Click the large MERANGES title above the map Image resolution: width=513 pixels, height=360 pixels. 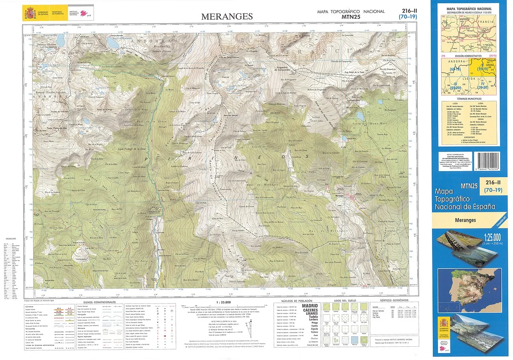pyautogui.click(x=227, y=16)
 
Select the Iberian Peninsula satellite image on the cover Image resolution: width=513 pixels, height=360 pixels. pyautogui.click(x=469, y=290)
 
